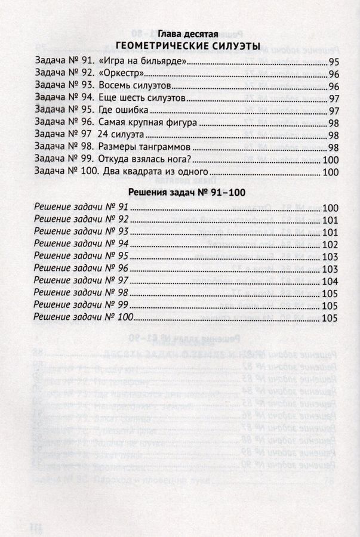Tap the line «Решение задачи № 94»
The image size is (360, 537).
tap(82, 243)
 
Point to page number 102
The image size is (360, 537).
tap(330, 244)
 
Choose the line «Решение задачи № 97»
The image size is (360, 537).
tap(82, 280)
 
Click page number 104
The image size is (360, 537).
tap(330, 281)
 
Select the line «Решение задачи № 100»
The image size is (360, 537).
tap(84, 317)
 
